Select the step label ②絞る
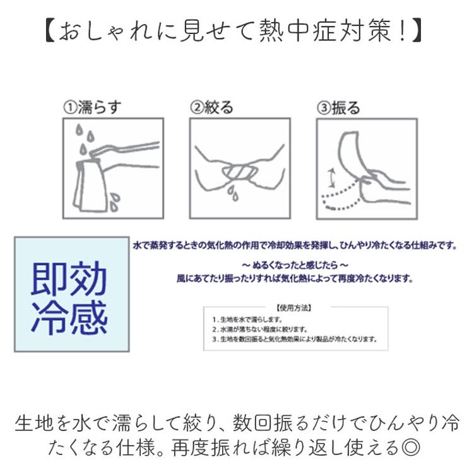pyautogui.click(x=212, y=107)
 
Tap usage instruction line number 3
pyautogui.click(x=294, y=339)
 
